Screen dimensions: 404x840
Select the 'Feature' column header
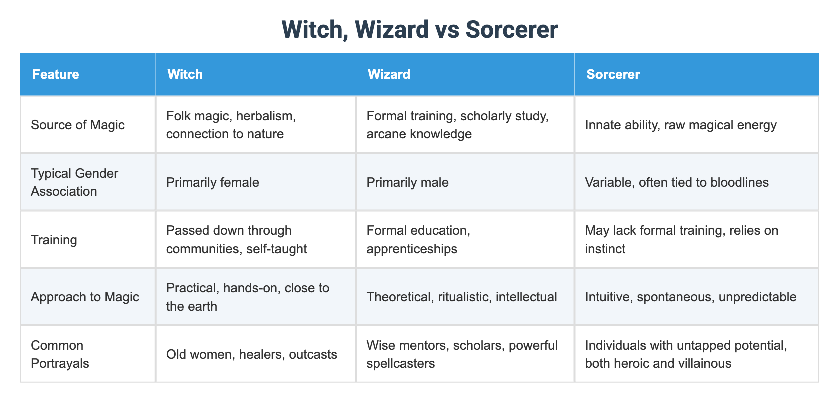pyautogui.click(x=56, y=74)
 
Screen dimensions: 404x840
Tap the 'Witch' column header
pyautogui.click(x=185, y=74)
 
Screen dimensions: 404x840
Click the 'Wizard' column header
pyautogui.click(x=389, y=74)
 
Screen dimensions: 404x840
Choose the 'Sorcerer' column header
pyautogui.click(x=613, y=74)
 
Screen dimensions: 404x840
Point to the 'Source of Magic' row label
pyautogui.click(x=78, y=125)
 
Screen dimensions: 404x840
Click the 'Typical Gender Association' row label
pyautogui.click(x=74, y=182)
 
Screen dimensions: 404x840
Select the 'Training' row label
pyautogui.click(x=54, y=240)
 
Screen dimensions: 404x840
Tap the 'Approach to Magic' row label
pyautogui.click(x=85, y=297)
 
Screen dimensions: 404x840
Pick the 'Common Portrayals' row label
pyautogui.click(x=60, y=354)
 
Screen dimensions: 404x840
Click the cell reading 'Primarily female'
pyautogui.click(x=213, y=182)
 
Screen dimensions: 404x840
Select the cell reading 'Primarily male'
pyautogui.click(x=407, y=182)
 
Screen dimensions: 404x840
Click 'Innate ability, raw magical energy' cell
pyautogui.click(x=681, y=125)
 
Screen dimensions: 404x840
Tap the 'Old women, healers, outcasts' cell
pyautogui.click(x=251, y=354)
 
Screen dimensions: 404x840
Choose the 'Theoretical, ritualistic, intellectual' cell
pyautogui.click(x=462, y=297)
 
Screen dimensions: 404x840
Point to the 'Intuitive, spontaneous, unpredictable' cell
pyautogui.click(x=691, y=297)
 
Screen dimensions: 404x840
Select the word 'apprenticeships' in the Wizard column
pyautogui.click(x=412, y=249)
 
